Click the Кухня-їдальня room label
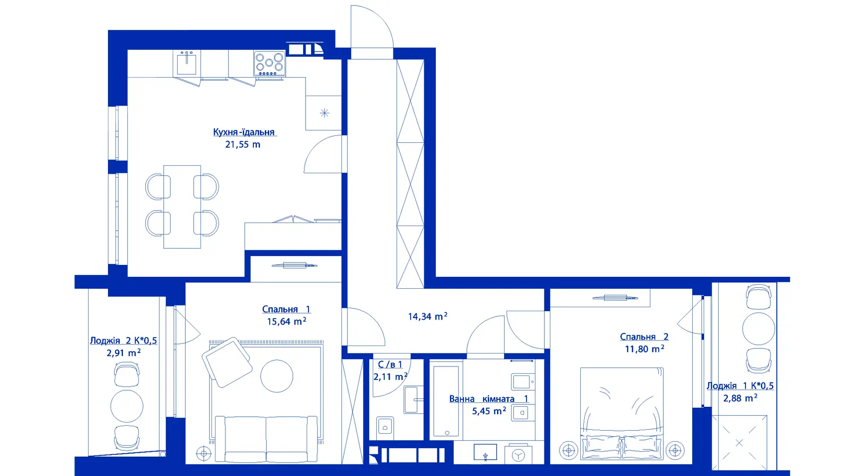[244, 132]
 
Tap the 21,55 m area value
[242, 144]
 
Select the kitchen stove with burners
[269, 63]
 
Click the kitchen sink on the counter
[187, 63]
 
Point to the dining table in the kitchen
[182, 207]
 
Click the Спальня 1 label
[286, 309]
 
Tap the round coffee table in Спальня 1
[277, 376]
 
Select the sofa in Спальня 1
[266, 439]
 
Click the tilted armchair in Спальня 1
[227, 362]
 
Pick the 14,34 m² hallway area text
[427, 316]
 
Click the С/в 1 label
[390, 364]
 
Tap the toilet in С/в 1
[385, 426]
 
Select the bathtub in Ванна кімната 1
[446, 400]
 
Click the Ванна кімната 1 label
[488, 398]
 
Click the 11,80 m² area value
[644, 349]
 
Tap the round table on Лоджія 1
[758, 329]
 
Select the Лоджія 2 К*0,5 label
[123, 341]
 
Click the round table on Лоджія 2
[127, 406]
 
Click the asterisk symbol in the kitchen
[324, 113]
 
